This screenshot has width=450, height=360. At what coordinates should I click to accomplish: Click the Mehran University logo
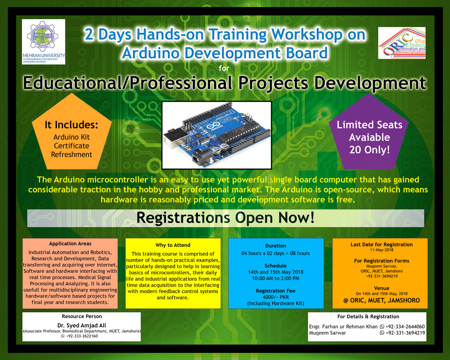coord(44,42)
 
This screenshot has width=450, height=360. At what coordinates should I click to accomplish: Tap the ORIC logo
coord(402,43)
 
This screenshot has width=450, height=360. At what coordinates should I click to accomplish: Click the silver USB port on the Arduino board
coord(175,138)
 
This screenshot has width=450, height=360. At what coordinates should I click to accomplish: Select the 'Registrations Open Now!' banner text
coord(225,218)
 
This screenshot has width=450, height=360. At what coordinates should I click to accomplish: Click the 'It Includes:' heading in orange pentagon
coord(71,125)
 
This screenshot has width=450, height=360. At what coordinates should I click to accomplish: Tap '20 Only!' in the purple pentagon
coord(369,150)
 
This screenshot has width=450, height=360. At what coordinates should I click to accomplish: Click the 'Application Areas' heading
coord(70,244)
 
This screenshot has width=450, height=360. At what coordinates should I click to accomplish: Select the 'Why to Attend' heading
coord(173,245)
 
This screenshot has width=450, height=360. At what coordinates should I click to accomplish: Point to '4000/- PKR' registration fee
coord(276,297)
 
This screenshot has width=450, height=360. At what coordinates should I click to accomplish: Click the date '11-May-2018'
coord(381,250)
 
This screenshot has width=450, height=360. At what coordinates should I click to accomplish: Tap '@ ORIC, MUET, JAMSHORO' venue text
coord(381,300)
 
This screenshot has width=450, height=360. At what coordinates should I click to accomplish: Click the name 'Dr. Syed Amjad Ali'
coord(81,325)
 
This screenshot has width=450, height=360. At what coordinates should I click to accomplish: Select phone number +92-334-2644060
coord(405,327)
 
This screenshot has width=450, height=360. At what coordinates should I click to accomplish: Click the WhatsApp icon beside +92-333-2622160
coord(63,336)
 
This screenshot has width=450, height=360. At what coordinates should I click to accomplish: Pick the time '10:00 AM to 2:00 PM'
coord(276,278)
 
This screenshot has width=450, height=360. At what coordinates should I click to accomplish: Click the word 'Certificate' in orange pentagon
coord(72,146)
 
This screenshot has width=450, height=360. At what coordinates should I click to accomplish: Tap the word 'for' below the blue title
coord(224,68)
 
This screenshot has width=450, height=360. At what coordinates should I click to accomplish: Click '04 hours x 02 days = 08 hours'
coord(276,253)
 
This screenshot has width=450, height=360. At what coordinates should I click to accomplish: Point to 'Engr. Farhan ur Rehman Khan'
coord(343,327)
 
